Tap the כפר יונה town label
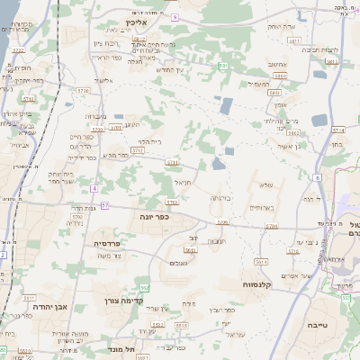156,216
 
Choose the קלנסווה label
259,283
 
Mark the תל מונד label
119,348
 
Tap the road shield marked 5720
58,91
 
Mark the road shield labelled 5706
222,220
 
